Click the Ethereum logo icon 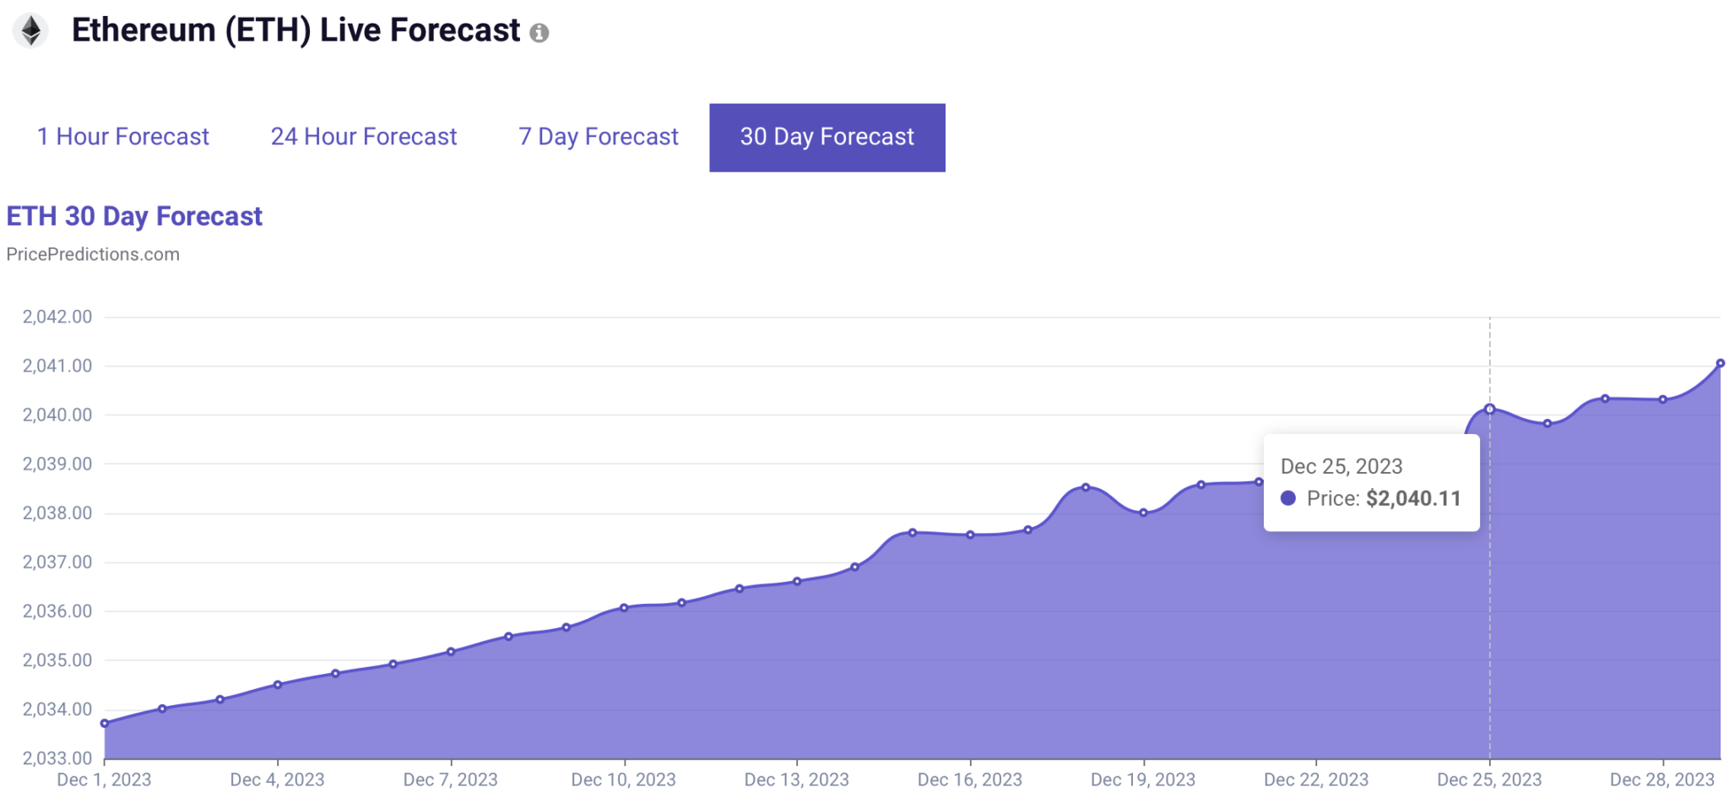31,31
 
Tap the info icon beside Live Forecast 539,33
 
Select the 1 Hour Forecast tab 123,137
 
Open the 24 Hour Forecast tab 363,137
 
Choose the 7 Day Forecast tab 598,137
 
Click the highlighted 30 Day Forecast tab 827,138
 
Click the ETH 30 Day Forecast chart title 134,216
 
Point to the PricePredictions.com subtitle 93,254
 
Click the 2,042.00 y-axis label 57,317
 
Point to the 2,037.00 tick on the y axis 57,562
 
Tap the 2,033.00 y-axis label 57,757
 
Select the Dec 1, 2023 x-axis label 104,779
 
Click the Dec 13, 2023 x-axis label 796,779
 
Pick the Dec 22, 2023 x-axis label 1315,779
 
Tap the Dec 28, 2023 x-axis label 1661,779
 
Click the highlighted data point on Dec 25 1489,409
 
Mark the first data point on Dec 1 105,723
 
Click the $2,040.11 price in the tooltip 1413,498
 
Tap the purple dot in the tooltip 1287,498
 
